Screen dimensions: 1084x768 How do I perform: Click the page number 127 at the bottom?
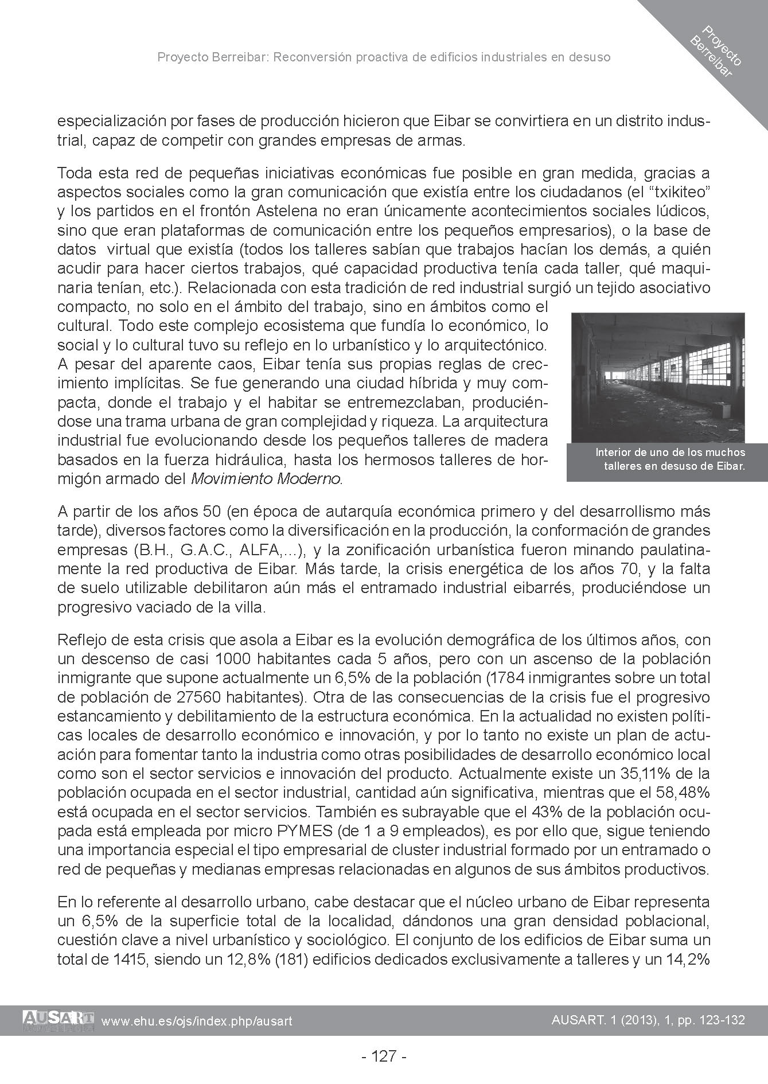click(x=384, y=1056)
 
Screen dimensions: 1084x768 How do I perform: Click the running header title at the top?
click(x=384, y=57)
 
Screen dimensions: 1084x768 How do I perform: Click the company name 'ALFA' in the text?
click(x=262, y=549)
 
